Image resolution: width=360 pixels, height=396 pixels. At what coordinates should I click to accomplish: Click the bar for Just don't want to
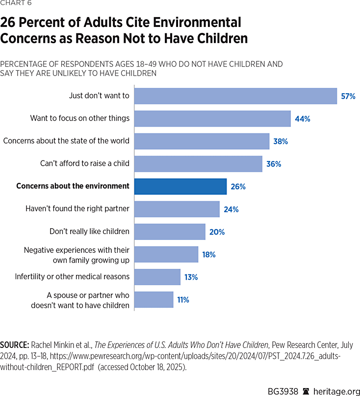pos(235,96)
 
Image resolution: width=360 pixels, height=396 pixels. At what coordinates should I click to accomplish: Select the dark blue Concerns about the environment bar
pos(180,186)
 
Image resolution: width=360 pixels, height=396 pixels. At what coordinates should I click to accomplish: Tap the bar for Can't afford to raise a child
pos(198,164)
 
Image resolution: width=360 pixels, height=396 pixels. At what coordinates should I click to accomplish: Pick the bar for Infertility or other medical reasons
pos(157,277)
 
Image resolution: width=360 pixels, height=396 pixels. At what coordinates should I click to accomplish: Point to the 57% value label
pos(348,96)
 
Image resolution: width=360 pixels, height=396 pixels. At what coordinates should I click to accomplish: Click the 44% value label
pos(303,119)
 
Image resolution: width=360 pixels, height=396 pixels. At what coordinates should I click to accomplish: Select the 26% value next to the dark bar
pos(238,186)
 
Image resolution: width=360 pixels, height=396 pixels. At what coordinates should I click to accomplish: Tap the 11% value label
pos(183,299)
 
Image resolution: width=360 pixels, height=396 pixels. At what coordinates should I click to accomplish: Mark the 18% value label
pos(208,254)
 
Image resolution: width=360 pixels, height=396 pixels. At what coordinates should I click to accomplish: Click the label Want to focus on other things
pos(80,118)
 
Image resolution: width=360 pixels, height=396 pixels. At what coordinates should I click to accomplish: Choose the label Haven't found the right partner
pos(77,209)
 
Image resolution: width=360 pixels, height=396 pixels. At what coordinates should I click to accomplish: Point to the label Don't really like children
pos(89,231)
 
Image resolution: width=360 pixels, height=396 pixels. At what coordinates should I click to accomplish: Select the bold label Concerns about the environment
pos(73,186)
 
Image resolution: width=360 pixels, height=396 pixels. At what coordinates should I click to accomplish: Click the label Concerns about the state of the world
pos(66,141)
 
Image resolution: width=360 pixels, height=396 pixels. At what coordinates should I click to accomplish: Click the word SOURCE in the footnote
pos(15,345)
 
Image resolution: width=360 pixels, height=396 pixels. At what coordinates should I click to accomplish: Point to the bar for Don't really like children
pos(169,232)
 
